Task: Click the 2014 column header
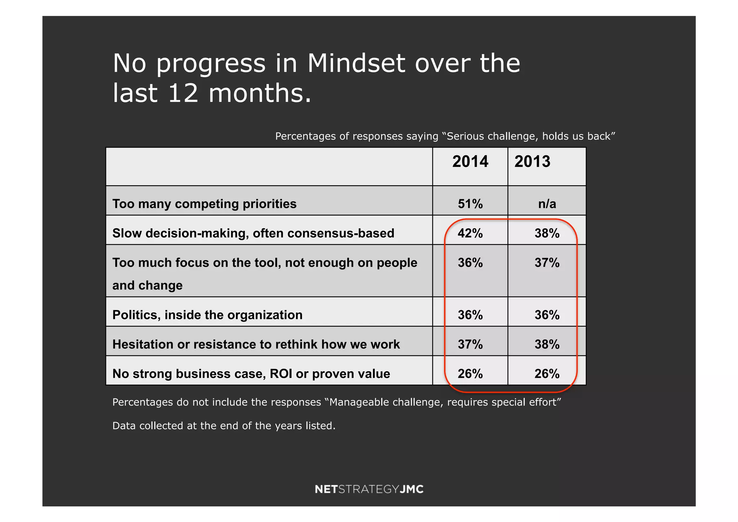tap(470, 162)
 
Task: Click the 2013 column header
tap(532, 162)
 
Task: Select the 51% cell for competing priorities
tap(470, 204)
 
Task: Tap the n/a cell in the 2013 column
tap(547, 204)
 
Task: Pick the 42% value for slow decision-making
tap(470, 233)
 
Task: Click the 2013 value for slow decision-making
tap(547, 233)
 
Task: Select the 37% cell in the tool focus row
tap(547, 263)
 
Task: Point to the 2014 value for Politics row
tap(470, 315)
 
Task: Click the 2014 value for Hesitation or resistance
tap(470, 344)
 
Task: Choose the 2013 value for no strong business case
tap(547, 374)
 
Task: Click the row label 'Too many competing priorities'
tap(204, 204)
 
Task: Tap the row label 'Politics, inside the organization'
tap(207, 315)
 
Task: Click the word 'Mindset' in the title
tap(356, 63)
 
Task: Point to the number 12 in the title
tap(183, 93)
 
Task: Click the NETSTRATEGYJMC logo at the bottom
tap(369, 489)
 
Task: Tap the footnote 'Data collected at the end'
tap(223, 426)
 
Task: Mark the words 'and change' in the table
tap(147, 286)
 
